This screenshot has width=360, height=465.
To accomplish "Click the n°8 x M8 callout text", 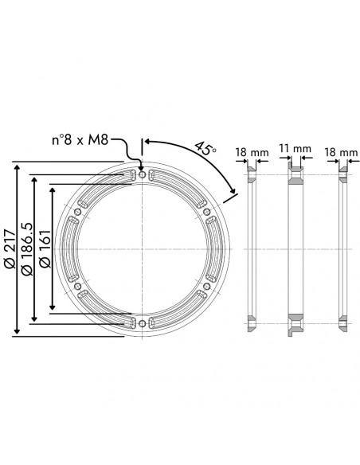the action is (x=80, y=140).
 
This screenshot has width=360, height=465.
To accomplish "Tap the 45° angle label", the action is (x=205, y=149).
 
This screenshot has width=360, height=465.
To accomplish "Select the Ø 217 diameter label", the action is (x=10, y=248).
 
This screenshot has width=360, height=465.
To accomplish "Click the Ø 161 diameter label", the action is (x=45, y=248).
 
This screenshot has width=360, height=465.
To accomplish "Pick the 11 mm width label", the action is (x=295, y=148).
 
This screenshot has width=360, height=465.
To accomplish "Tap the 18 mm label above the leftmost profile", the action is (x=252, y=152).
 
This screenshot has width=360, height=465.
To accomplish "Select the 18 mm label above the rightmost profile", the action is (x=341, y=152).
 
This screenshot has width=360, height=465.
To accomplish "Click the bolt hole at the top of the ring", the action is (x=143, y=174).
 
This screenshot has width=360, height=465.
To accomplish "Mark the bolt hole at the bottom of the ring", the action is (x=143, y=323).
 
